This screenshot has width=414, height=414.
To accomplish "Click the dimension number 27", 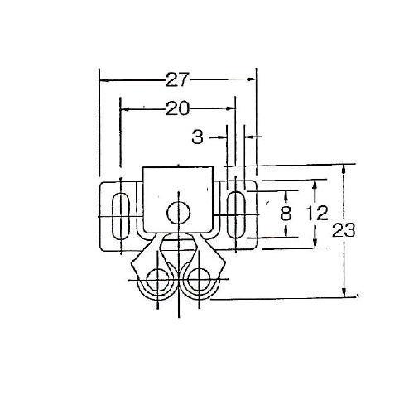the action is (x=178, y=79).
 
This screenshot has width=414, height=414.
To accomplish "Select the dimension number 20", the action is (x=178, y=108).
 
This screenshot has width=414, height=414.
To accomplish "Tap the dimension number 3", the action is (x=198, y=137).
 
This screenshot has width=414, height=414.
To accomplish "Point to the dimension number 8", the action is (x=286, y=214).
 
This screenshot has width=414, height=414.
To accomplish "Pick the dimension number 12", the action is (x=317, y=214).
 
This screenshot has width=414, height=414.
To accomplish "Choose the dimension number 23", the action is (x=344, y=230).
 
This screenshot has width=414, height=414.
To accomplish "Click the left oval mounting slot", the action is (x=121, y=216).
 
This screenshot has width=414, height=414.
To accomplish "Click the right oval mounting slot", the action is (x=236, y=214).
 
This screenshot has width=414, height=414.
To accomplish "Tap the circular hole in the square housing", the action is (x=179, y=213).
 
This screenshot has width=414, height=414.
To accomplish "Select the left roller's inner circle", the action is (x=157, y=280).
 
